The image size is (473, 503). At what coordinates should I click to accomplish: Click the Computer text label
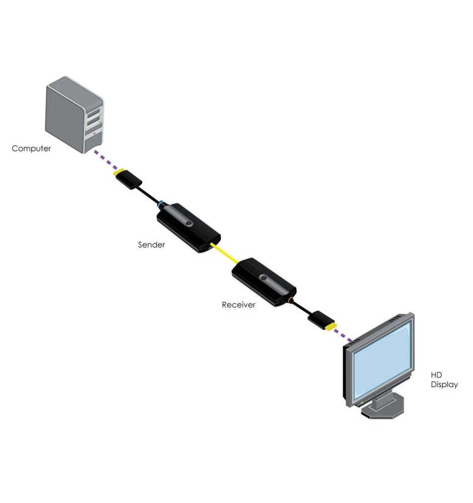click(31, 148)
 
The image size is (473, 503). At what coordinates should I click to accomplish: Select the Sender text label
click(152, 245)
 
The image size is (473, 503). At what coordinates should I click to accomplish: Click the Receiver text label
click(239, 305)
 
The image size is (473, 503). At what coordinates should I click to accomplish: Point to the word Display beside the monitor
click(444, 385)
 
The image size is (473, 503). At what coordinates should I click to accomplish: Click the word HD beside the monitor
click(436, 375)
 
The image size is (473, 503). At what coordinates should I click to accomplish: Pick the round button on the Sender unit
click(188, 223)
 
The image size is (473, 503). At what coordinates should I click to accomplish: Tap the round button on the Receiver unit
click(263, 278)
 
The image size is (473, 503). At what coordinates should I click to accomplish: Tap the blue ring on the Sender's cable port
click(161, 204)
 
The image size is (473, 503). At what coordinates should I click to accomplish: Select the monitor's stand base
click(383, 410)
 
